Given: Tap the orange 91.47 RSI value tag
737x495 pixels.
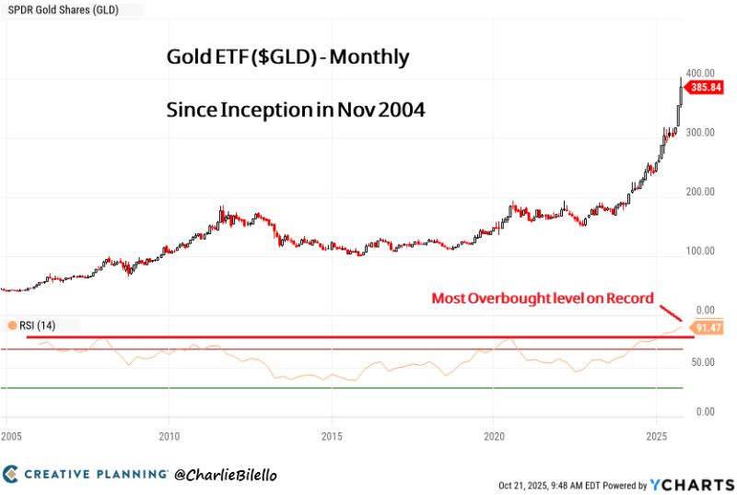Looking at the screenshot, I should pos(709,327).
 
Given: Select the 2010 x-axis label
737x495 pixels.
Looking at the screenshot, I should pos(169,434).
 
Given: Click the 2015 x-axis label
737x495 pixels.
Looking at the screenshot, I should pos(332,434).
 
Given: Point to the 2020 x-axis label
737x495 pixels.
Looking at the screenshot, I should pos(494,434).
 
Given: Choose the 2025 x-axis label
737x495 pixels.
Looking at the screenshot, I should pos(656,434).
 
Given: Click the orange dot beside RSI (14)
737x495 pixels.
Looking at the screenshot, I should pos(11,325).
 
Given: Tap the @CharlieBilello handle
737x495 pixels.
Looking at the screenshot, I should pos(226,474).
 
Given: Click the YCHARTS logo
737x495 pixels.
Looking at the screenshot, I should pos(689,484).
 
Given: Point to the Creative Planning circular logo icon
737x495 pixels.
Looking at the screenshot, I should pos(10,474).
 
